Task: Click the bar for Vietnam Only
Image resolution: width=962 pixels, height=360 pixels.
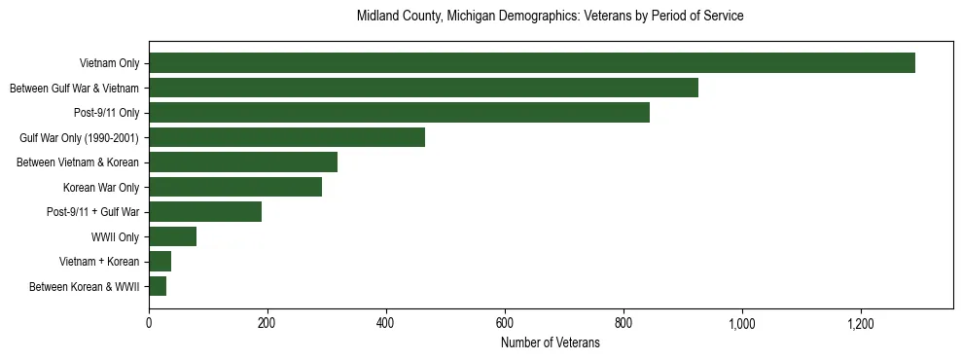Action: click(x=532, y=63)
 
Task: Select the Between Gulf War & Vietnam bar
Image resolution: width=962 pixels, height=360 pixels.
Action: click(x=423, y=89)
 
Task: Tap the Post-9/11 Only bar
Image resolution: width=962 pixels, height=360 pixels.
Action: click(x=399, y=113)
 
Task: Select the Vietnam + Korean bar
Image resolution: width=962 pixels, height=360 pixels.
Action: click(x=160, y=262)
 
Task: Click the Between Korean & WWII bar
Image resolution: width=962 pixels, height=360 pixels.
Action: click(x=158, y=286)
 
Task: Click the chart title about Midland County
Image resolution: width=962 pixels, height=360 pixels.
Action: click(x=550, y=17)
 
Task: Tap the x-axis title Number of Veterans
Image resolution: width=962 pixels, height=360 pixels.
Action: click(x=550, y=343)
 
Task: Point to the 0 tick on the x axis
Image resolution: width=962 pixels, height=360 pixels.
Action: click(x=149, y=323)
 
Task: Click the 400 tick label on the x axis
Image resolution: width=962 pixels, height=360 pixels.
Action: click(x=386, y=323)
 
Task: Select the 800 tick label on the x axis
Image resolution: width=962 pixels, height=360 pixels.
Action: click(x=624, y=323)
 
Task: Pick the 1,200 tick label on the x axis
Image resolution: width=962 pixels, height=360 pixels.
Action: click(x=861, y=323)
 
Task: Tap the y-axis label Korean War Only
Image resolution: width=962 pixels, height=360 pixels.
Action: click(x=101, y=188)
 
